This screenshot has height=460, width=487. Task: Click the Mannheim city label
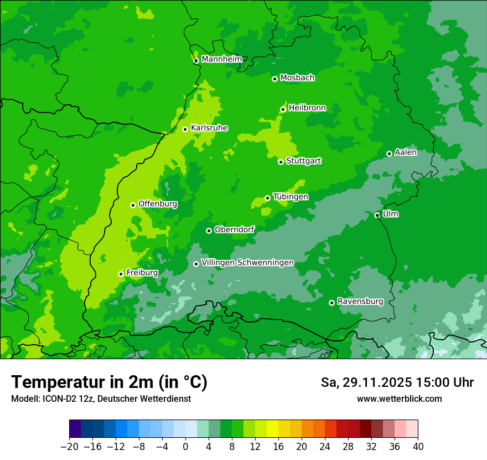(221, 59)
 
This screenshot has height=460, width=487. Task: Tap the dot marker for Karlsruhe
(185, 130)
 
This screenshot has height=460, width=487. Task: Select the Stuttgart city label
(303, 161)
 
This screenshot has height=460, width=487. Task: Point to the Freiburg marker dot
(121, 274)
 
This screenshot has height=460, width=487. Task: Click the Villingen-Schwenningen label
(247, 263)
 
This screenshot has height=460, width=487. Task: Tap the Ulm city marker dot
(377, 216)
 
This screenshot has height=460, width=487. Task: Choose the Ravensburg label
(360, 301)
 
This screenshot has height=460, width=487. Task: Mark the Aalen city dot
(389, 154)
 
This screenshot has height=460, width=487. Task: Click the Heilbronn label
(307, 108)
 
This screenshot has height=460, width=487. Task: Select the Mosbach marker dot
(274, 79)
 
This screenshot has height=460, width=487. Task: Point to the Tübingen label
(291, 197)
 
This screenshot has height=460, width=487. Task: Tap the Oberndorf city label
(234, 229)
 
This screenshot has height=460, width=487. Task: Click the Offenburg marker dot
(133, 205)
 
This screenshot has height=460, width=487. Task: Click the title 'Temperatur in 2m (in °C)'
(109, 382)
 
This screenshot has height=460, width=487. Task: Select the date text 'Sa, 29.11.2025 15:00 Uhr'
(397, 382)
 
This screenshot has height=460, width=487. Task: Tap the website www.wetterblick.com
(399, 398)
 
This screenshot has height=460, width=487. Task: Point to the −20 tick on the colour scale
(69, 447)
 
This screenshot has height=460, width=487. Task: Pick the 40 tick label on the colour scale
(418, 447)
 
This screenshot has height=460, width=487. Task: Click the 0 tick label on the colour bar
(185, 447)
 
